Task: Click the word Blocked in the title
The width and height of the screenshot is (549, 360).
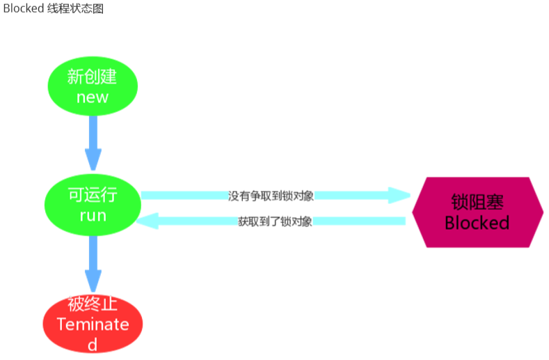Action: [24, 8]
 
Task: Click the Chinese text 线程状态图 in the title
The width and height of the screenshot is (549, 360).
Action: [76, 8]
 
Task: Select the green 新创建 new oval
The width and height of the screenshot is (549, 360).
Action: [93, 86]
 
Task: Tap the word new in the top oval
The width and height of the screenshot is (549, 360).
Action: [93, 97]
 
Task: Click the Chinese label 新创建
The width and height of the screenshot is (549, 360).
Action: [92, 77]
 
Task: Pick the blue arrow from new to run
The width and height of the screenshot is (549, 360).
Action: [93, 143]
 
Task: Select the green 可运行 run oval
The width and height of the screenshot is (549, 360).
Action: [93, 205]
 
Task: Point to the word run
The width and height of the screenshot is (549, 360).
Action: [93, 216]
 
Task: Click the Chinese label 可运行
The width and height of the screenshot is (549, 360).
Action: [93, 194]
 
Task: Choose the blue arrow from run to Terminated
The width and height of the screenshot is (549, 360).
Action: [93, 264]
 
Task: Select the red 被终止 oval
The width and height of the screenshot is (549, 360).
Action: [93, 324]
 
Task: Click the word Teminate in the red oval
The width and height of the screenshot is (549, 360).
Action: [93, 324]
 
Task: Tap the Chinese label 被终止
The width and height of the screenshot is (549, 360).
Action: [93, 304]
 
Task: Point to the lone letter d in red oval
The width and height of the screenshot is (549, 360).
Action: [93, 345]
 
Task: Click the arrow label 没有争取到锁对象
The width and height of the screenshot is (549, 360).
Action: [271, 196]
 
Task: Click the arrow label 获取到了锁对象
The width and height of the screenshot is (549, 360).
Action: [276, 221]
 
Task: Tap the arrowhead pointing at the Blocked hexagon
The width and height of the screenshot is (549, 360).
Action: [399, 195]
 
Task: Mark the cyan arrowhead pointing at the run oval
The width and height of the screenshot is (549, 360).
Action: [148, 221]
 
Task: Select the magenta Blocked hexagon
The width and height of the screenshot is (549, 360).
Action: [478, 212]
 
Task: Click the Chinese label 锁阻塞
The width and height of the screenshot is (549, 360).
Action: [477, 202]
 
